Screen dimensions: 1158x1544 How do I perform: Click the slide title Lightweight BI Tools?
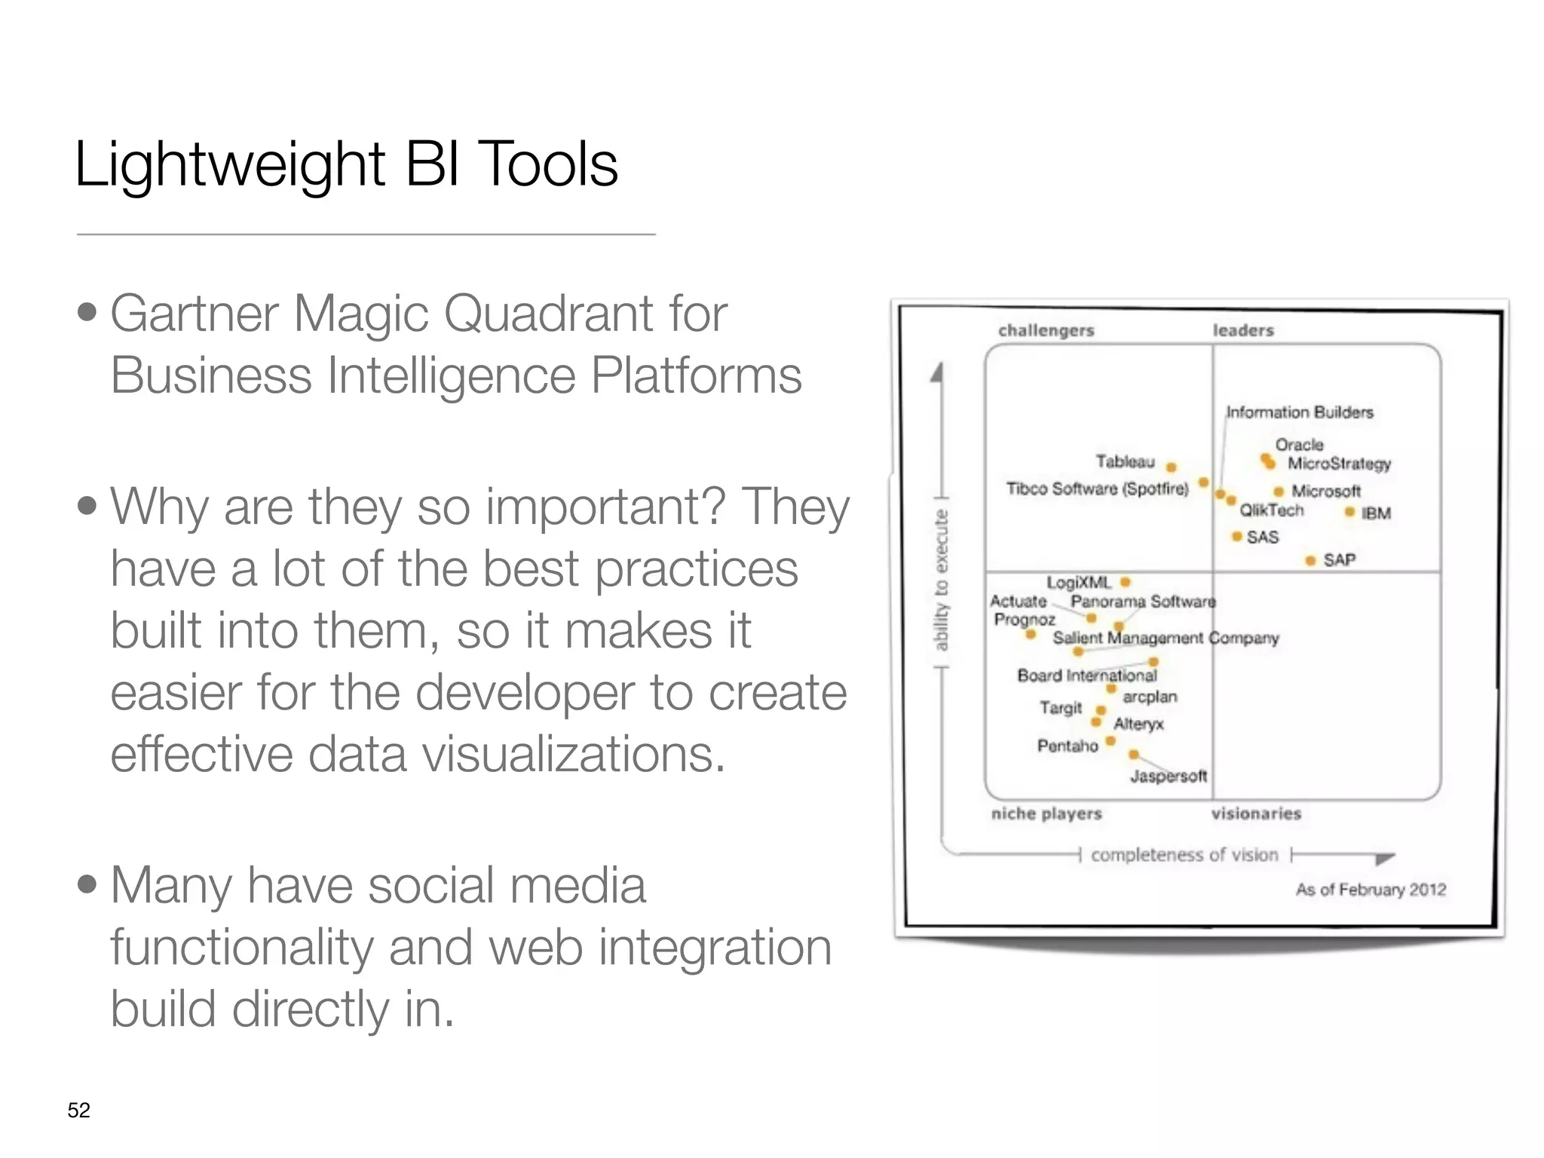346,164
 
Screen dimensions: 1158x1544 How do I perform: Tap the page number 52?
78,1111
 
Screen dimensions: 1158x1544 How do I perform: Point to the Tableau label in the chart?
1125,461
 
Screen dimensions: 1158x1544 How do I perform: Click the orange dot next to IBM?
1349,513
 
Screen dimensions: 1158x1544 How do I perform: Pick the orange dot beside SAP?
1310,560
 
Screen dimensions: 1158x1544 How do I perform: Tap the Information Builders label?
1300,412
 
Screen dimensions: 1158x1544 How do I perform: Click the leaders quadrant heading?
1243,330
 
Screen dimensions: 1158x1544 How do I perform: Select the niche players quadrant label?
1046,813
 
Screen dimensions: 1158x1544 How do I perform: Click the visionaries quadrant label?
1256,813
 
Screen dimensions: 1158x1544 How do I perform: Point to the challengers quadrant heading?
1046,330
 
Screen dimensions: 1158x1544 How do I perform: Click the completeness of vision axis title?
1184,855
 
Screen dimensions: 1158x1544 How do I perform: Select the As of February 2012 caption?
1371,890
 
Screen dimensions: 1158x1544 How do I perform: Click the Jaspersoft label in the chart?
1169,776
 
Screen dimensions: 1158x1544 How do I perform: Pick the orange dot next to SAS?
1236,537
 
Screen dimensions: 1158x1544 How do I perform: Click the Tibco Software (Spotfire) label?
1097,489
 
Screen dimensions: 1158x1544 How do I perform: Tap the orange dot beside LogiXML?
1125,582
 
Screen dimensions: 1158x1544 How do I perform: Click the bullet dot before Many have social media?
87,884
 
